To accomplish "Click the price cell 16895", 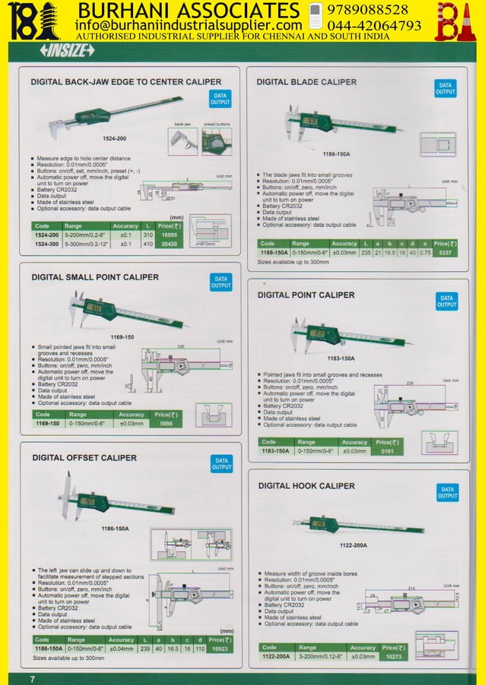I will [169, 235].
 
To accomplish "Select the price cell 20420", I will [169, 245].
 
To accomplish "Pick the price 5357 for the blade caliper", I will [450, 252].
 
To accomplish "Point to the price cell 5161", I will [387, 450].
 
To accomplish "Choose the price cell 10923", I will [220, 649].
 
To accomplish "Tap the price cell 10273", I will [392, 656].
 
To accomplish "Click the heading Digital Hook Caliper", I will [306, 485].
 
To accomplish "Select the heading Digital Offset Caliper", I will [84, 458].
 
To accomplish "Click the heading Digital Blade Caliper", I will [306, 81].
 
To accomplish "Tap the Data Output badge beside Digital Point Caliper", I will [447, 301].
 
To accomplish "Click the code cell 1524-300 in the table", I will [46, 245].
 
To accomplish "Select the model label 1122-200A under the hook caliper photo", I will [353, 545].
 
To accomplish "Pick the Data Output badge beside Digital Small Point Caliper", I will [220, 283].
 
